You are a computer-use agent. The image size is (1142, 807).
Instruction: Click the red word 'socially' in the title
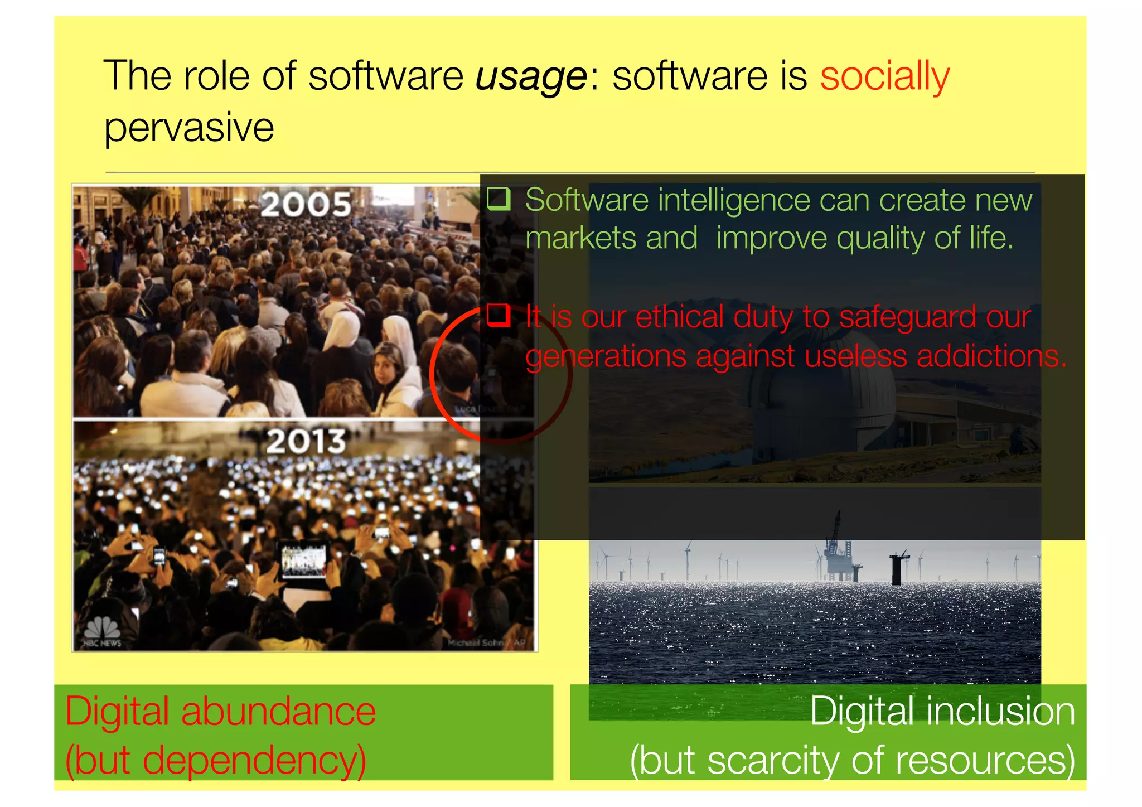[884, 76]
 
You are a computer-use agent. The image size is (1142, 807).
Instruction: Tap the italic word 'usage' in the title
[530, 76]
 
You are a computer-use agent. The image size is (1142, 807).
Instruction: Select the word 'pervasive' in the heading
[189, 127]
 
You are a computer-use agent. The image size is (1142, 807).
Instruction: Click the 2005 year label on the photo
[306, 204]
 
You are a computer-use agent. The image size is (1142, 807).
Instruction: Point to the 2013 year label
[306, 441]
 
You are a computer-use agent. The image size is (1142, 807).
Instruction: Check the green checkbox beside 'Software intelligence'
[499, 199]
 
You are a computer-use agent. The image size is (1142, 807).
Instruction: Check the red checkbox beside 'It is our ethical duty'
[499, 316]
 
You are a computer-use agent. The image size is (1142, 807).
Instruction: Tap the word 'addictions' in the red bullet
[991, 356]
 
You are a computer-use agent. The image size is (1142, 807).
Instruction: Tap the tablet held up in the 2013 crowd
[304, 559]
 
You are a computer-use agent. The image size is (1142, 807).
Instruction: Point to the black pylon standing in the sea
[897, 569]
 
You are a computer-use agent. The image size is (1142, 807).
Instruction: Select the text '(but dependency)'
[215, 760]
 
